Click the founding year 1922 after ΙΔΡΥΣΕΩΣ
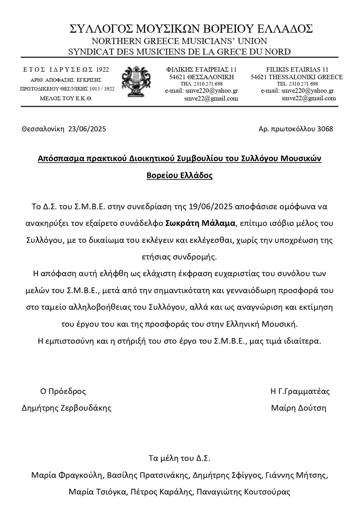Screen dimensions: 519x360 (103, 69)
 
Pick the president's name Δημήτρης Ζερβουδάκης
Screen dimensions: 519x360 (67, 408)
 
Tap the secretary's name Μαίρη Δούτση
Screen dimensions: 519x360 (298, 408)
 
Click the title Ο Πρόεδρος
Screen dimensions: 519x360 (63, 391)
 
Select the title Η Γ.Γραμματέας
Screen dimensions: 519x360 (300, 391)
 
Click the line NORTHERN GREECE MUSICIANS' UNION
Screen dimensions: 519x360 (179, 41)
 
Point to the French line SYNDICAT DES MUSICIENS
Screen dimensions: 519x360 (179, 52)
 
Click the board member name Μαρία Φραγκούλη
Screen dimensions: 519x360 (67, 475)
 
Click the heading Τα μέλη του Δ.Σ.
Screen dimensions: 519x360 (179, 458)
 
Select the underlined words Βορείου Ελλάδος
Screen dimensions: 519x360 (179, 176)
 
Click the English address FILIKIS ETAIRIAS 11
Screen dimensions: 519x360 (297, 69)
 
